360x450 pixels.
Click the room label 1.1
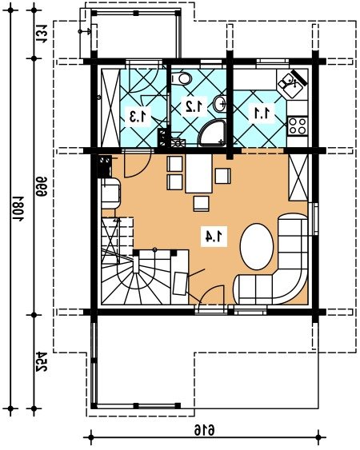pos(262,113)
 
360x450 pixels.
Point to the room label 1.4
pos(214,237)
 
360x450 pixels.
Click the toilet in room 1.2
pos(182,78)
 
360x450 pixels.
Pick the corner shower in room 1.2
pos(213,133)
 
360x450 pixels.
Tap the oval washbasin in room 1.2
pos(220,104)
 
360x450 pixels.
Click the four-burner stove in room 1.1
pos(298,125)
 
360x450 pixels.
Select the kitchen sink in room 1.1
pos(292,82)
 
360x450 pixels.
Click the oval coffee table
pos(256,246)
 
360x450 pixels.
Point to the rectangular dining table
pos(198,173)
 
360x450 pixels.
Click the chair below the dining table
pos(201,204)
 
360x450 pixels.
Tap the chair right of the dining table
pos(222,176)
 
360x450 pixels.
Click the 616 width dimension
pos(205,431)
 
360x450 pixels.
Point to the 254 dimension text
pos(42,361)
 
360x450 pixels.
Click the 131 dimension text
pos(42,34)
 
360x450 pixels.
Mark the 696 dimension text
pos(42,186)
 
